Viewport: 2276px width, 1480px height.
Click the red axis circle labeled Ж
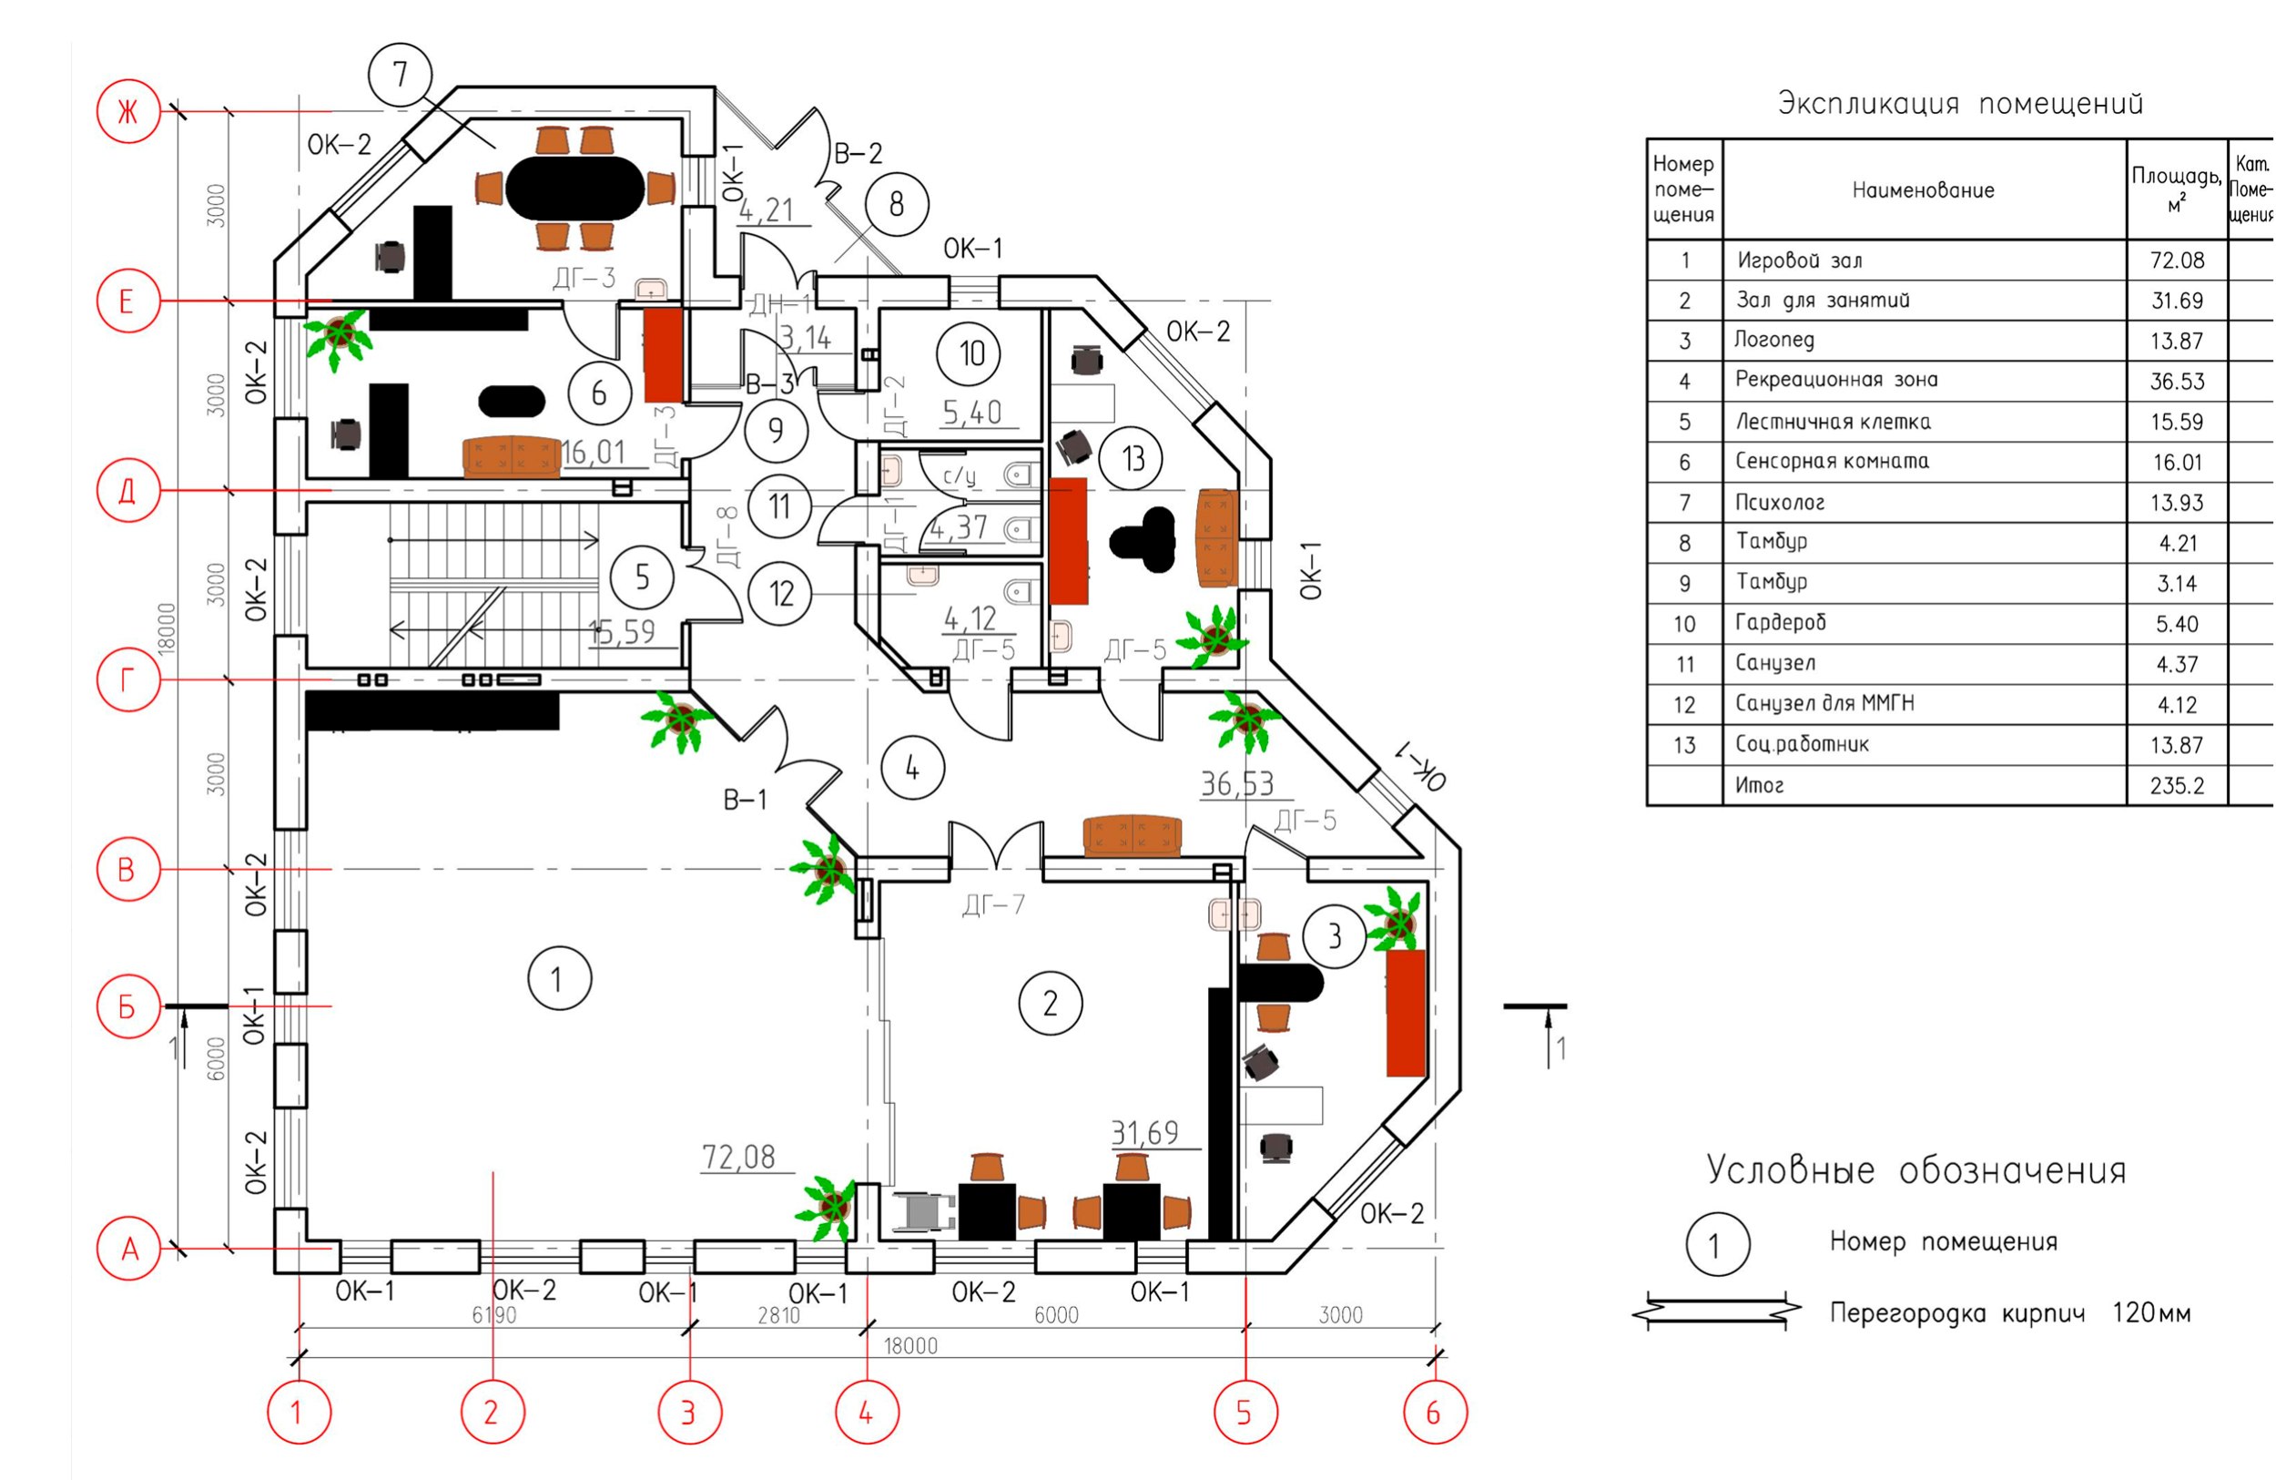coord(128,112)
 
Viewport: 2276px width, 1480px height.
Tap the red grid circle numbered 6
coord(1434,1412)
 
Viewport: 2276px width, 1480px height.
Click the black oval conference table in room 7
coord(575,188)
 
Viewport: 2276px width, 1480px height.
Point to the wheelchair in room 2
coord(924,1212)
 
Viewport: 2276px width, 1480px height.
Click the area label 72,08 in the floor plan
coord(738,1158)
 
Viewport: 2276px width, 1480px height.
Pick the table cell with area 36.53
coord(2177,382)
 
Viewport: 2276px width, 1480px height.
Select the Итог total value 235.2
coord(2177,786)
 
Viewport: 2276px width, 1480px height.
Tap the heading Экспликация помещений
coord(1959,104)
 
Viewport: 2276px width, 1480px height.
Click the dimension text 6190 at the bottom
coord(493,1315)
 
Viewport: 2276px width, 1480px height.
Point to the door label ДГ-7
coord(993,903)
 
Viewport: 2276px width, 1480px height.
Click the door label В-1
coord(745,800)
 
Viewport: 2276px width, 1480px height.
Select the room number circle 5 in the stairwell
coord(642,577)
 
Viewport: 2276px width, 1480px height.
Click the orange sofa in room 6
coord(512,457)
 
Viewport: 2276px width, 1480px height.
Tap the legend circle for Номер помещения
coord(1717,1246)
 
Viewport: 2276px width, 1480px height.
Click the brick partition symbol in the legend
coord(1717,1312)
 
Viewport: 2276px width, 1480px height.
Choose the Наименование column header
coord(1923,190)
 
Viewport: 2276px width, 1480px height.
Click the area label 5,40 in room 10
coord(971,413)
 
